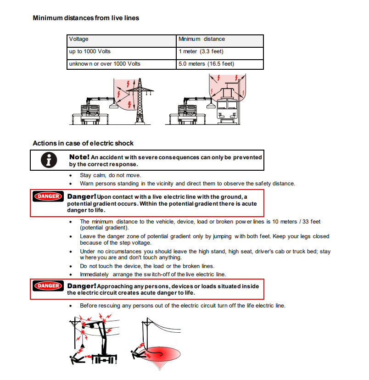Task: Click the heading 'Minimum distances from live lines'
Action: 86,18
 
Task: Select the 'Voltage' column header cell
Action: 78,39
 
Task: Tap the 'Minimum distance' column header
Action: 201,39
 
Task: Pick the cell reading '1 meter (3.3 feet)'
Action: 201,51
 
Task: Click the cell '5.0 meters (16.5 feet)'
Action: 206,64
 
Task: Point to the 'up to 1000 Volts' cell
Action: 89,51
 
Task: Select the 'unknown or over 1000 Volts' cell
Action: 104,64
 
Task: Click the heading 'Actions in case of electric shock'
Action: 83,143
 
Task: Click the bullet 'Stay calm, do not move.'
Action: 110,175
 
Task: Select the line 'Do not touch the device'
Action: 147,266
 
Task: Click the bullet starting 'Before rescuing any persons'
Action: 182,305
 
